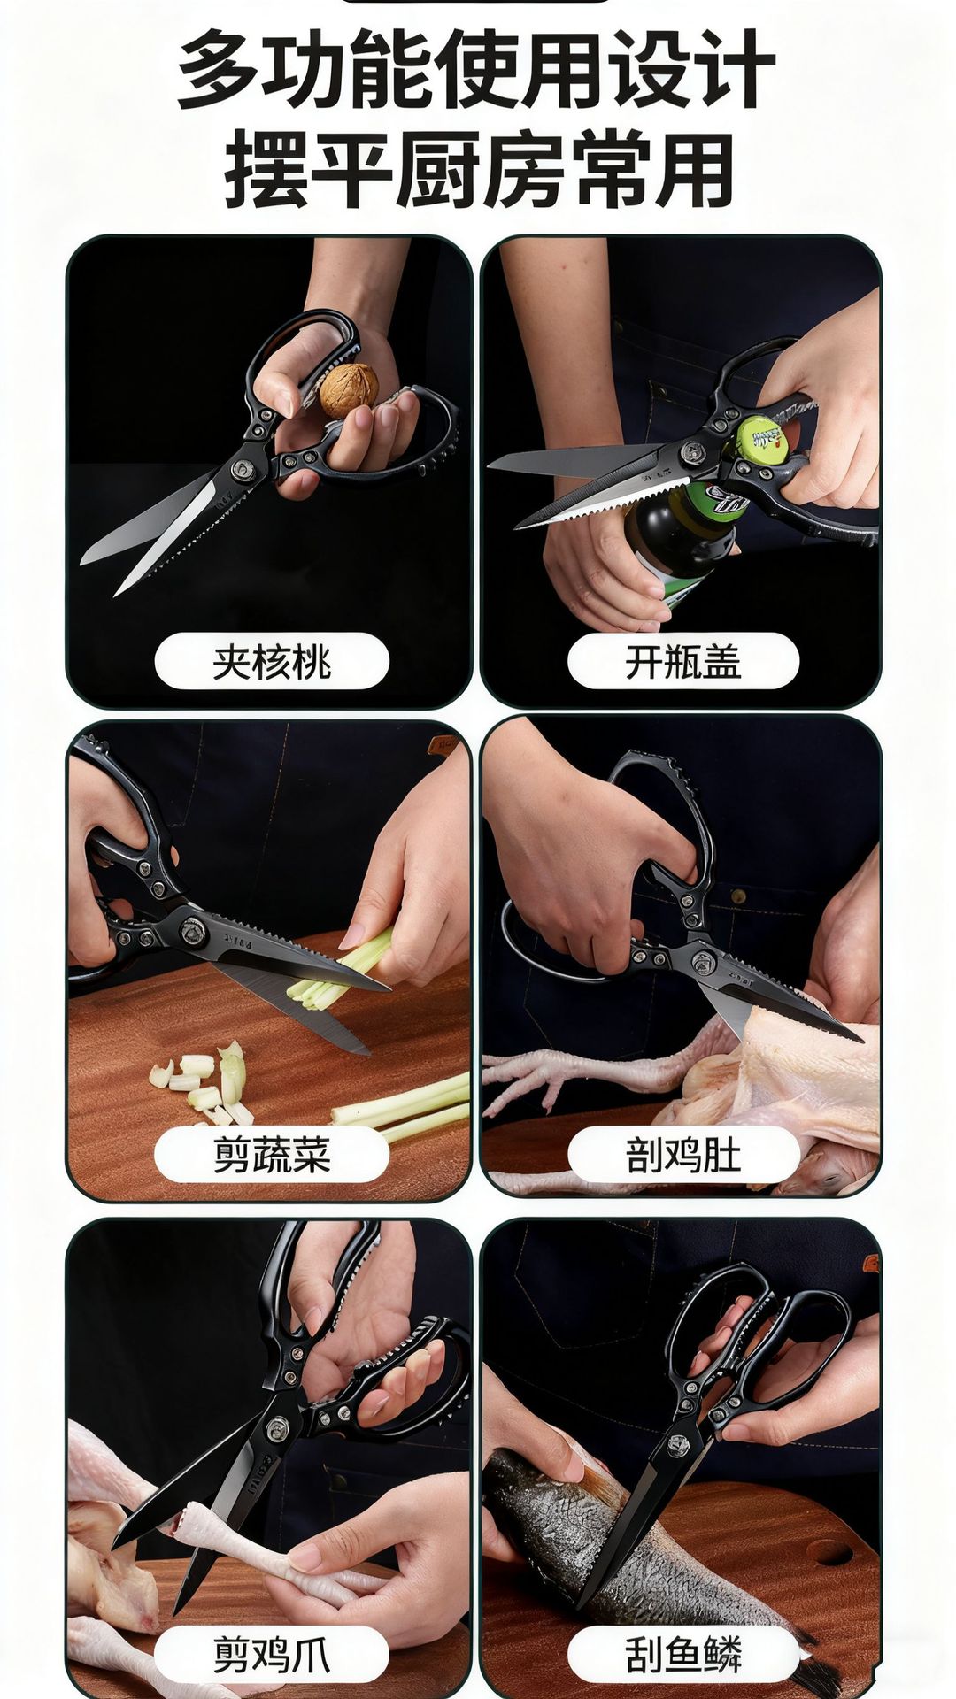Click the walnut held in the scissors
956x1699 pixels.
click(349, 390)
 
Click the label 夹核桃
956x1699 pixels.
click(272, 661)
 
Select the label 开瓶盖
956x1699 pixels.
click(683, 661)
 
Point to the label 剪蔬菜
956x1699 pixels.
click(272, 1155)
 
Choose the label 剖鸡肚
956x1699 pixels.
click(683, 1155)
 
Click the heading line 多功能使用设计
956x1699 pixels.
click(477, 69)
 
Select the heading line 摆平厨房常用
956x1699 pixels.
click(479, 170)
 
